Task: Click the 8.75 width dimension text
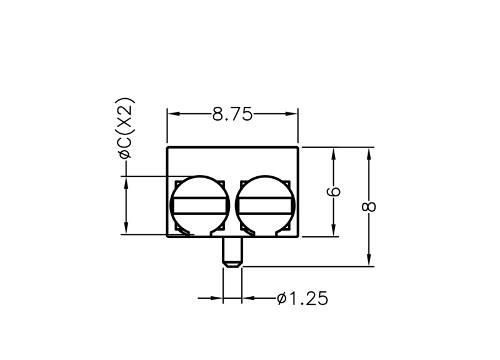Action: pos(232,114)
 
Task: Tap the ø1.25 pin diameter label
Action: pos(302,299)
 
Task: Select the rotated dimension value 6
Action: pos(334,192)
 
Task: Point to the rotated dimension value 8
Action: pos(369,207)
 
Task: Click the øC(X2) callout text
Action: pos(127,129)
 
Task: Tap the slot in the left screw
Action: pos(199,206)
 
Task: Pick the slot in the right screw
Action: pos(264,206)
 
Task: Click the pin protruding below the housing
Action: pos(232,252)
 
